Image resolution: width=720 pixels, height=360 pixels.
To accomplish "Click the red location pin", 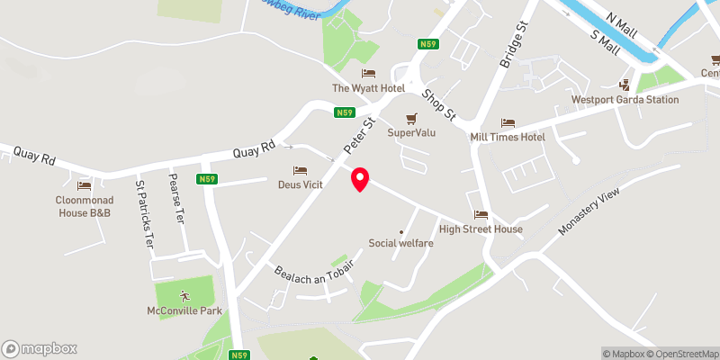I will (x=360, y=179).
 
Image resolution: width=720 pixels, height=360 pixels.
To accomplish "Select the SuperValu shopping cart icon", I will (x=412, y=118).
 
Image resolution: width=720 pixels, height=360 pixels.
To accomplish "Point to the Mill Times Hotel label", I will (x=508, y=137).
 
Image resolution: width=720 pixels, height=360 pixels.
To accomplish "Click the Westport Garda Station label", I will (x=625, y=100).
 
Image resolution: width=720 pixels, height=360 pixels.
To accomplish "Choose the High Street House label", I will (x=481, y=229).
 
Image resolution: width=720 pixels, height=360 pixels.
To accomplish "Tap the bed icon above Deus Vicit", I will (x=300, y=171).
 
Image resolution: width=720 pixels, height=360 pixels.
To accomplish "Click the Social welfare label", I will (x=400, y=243).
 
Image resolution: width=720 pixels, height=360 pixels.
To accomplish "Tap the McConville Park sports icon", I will (x=184, y=295).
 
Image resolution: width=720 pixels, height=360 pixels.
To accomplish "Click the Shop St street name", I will (x=440, y=104).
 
